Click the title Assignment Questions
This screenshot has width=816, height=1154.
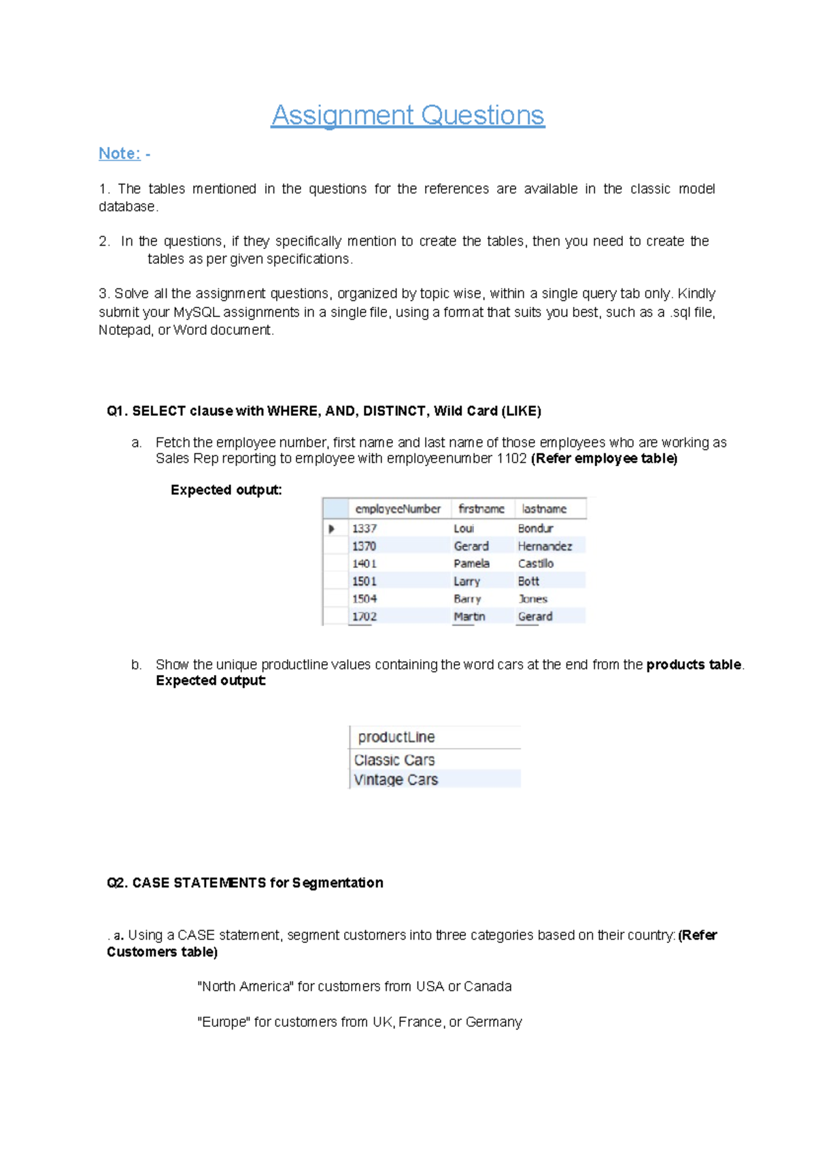coord(407,115)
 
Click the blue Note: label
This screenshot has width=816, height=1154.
coord(120,154)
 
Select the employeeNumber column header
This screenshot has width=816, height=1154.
coord(398,509)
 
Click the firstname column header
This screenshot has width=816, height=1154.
coord(481,509)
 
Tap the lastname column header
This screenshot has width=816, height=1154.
coord(544,509)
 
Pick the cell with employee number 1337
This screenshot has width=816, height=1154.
coord(364,529)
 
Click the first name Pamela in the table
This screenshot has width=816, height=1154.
coord(471,563)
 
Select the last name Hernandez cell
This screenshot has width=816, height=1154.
coord(545,546)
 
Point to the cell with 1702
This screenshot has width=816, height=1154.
coord(364,616)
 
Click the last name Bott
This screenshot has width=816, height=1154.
coord(528,581)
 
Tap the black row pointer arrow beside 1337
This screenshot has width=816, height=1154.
coord(332,529)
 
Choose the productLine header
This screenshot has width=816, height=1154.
coord(396,737)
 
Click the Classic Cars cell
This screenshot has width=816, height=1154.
coord(394,760)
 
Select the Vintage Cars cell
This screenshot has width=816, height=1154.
coord(396,780)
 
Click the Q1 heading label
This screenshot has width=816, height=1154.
coord(117,411)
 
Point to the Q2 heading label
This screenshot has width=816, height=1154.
coord(117,883)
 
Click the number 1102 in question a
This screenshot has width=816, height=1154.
coord(511,459)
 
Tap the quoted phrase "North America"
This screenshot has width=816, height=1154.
coord(245,987)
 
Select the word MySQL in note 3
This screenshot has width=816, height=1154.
coord(197,312)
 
